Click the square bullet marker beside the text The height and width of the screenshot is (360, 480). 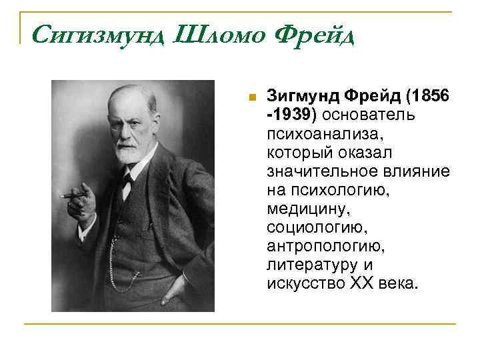tap(251, 97)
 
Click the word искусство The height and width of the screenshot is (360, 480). tap(304, 284)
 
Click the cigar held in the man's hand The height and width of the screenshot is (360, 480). tap(73, 195)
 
